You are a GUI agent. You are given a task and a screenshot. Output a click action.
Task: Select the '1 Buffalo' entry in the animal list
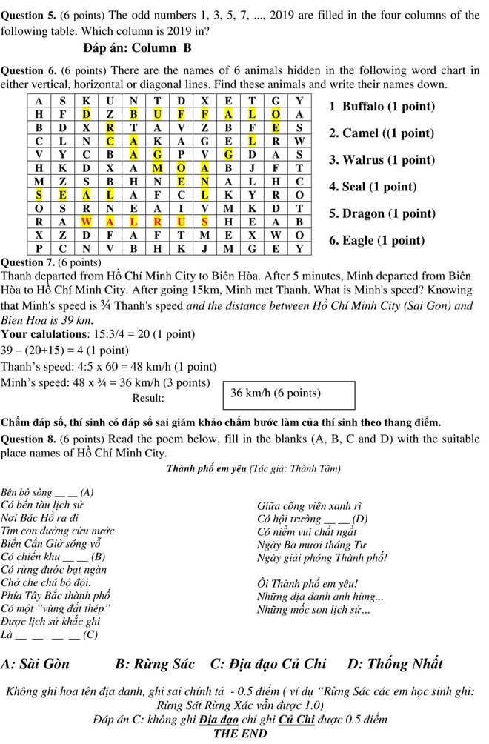381,107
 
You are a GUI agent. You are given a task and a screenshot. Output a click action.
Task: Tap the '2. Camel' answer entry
381,133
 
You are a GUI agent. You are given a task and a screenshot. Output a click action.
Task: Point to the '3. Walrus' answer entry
382,160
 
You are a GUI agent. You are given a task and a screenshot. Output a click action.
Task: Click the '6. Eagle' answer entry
376,241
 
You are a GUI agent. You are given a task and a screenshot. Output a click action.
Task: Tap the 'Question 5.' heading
28,14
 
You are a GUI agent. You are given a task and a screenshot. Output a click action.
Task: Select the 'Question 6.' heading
28,71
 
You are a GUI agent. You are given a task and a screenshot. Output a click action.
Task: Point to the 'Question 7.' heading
28,262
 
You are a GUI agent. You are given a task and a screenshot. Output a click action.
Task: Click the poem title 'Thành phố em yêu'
207,468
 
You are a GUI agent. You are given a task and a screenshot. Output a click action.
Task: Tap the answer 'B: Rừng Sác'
155,663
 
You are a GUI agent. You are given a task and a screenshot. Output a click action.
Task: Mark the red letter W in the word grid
86,221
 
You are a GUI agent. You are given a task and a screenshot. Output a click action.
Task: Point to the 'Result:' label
147,398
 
